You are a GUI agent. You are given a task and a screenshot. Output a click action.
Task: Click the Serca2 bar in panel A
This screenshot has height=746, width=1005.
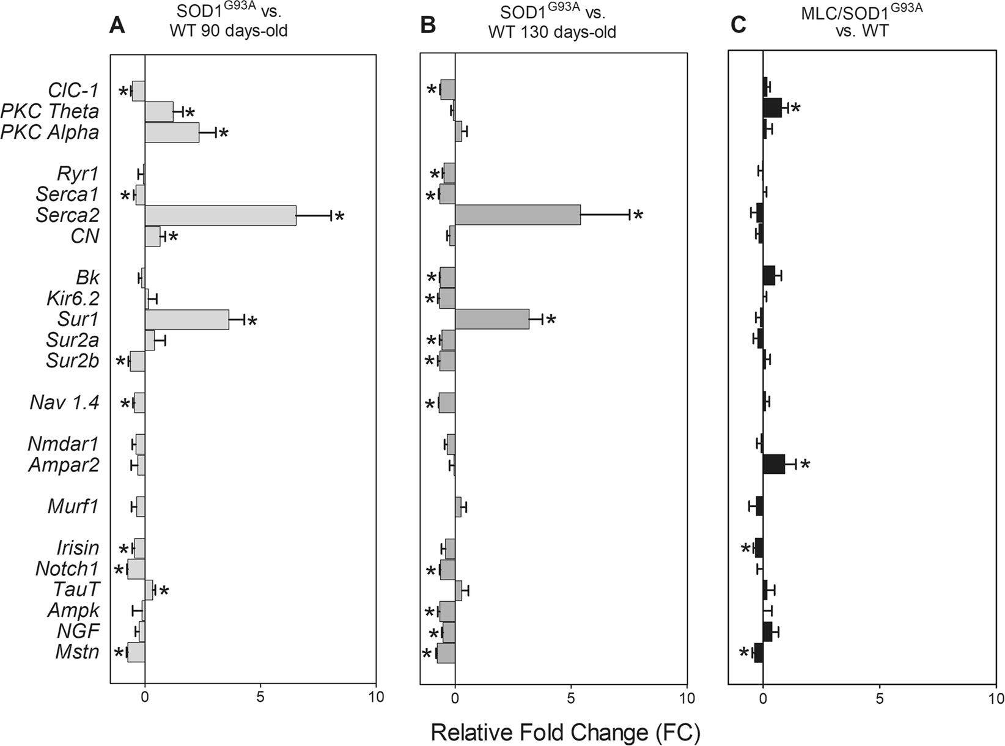click(220, 215)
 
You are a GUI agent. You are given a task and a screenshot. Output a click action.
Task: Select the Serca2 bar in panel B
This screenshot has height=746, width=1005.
click(517, 215)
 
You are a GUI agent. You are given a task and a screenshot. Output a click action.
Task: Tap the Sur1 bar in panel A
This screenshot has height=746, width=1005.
click(186, 319)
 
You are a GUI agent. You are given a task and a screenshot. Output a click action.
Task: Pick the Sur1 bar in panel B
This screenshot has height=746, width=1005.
click(491, 319)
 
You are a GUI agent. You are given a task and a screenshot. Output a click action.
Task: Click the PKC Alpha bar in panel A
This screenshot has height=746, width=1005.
click(172, 132)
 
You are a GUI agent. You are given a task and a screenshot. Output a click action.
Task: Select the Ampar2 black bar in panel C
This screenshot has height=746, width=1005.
click(773, 464)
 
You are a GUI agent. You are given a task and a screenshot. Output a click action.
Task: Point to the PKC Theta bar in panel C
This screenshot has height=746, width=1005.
click(772, 107)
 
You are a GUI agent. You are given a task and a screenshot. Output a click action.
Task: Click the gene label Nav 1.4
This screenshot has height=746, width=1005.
click(64, 403)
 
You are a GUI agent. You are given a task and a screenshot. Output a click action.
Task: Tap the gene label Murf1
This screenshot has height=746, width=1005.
click(73, 506)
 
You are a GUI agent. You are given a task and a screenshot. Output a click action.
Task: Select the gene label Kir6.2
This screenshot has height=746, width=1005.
click(72, 299)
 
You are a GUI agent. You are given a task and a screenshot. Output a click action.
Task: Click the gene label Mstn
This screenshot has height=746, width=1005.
click(76, 652)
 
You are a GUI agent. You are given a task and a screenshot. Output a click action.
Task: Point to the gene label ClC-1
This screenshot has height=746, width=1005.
click(73, 90)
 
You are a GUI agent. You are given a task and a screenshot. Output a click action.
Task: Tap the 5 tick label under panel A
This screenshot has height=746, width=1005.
click(260, 697)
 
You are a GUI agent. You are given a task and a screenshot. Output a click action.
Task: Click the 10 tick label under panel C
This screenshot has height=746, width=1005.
click(995, 697)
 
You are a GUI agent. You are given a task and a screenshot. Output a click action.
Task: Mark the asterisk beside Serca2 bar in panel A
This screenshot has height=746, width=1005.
click(340, 217)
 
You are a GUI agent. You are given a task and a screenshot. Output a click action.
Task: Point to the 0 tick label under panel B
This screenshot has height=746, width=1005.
click(455, 697)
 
